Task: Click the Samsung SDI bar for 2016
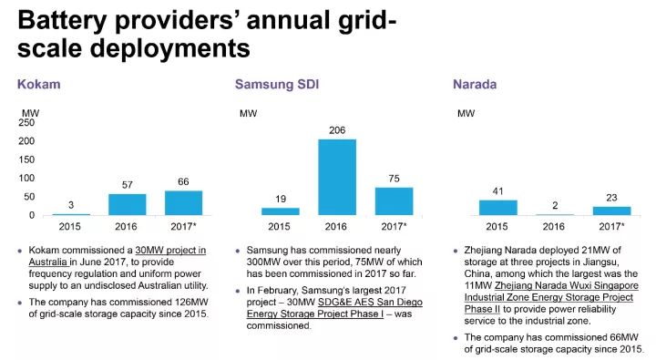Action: click(x=337, y=177)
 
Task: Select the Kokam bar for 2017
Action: click(x=183, y=203)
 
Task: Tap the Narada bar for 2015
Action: click(x=497, y=208)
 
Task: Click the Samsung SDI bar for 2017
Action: click(x=394, y=201)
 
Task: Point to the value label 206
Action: click(x=337, y=130)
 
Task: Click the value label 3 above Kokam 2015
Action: click(x=71, y=204)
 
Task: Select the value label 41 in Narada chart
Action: click(x=497, y=191)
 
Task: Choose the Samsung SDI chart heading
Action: click(x=276, y=85)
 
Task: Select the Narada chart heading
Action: click(x=475, y=85)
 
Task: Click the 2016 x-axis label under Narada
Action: click(x=554, y=226)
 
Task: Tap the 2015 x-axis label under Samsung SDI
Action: click(x=280, y=226)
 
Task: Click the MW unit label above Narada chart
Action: click(x=466, y=113)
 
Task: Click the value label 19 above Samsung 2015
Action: click(x=280, y=199)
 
